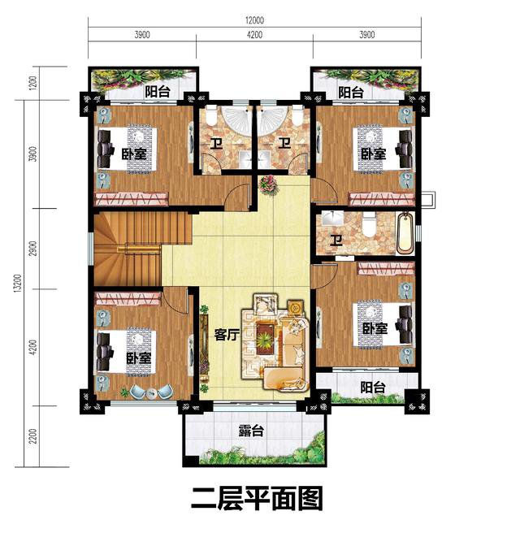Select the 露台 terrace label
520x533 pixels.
coord(251,431)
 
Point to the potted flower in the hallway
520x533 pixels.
coord(267,185)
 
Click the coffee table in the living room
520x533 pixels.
coord(266,332)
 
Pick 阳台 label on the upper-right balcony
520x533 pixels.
coord(351,93)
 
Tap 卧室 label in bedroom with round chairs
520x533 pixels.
coord(138,357)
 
